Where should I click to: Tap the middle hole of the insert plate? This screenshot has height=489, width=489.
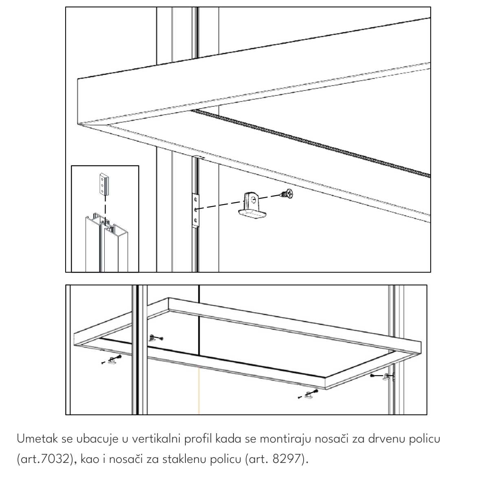click(x=196, y=209)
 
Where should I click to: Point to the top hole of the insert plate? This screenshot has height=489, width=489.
click(x=196, y=199)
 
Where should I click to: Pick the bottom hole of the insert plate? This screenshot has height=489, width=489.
click(x=196, y=220)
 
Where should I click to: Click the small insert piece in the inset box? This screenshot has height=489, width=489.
click(x=104, y=184)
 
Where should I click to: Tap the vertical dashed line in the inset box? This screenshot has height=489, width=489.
click(x=105, y=211)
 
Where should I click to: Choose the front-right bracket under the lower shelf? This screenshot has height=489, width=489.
click(x=309, y=395)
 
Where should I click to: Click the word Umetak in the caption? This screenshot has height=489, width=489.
click(x=37, y=439)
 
